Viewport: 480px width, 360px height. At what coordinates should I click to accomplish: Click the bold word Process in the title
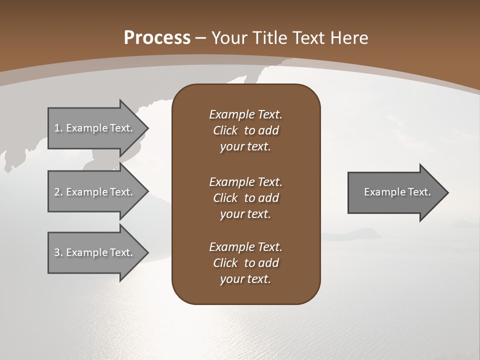pyautogui.click(x=157, y=38)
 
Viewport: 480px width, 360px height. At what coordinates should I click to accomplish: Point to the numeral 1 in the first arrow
pyautogui.click(x=57, y=128)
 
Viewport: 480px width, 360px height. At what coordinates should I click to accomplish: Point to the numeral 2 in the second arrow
pyautogui.click(x=57, y=192)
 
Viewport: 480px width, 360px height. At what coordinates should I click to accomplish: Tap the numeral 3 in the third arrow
pyautogui.click(x=57, y=252)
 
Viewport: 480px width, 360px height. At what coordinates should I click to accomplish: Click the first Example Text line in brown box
pyautogui.click(x=245, y=114)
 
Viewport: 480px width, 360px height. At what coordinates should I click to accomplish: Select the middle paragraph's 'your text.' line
pyautogui.click(x=245, y=214)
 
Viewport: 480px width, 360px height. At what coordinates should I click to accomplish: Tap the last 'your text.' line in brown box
pyautogui.click(x=245, y=279)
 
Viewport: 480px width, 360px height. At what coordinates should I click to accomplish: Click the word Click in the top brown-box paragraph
pyautogui.click(x=225, y=130)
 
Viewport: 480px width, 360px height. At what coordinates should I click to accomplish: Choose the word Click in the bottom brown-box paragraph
pyautogui.click(x=225, y=263)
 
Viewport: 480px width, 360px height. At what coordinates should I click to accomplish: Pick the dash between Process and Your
pyautogui.click(x=201, y=38)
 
